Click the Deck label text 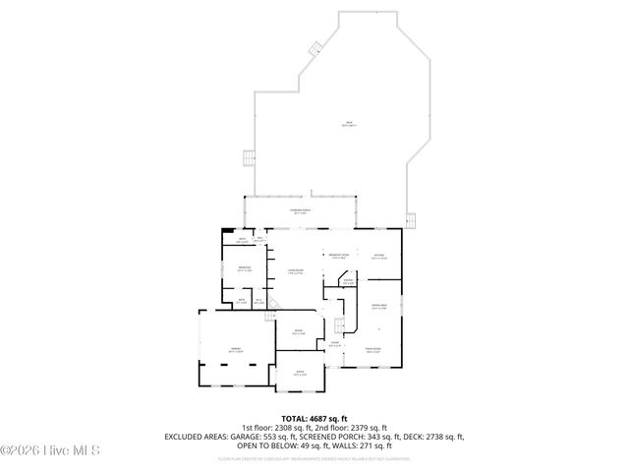point(349,124)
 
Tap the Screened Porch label point(299,211)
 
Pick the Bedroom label point(244,269)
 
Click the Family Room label point(373,349)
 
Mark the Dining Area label point(378,307)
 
